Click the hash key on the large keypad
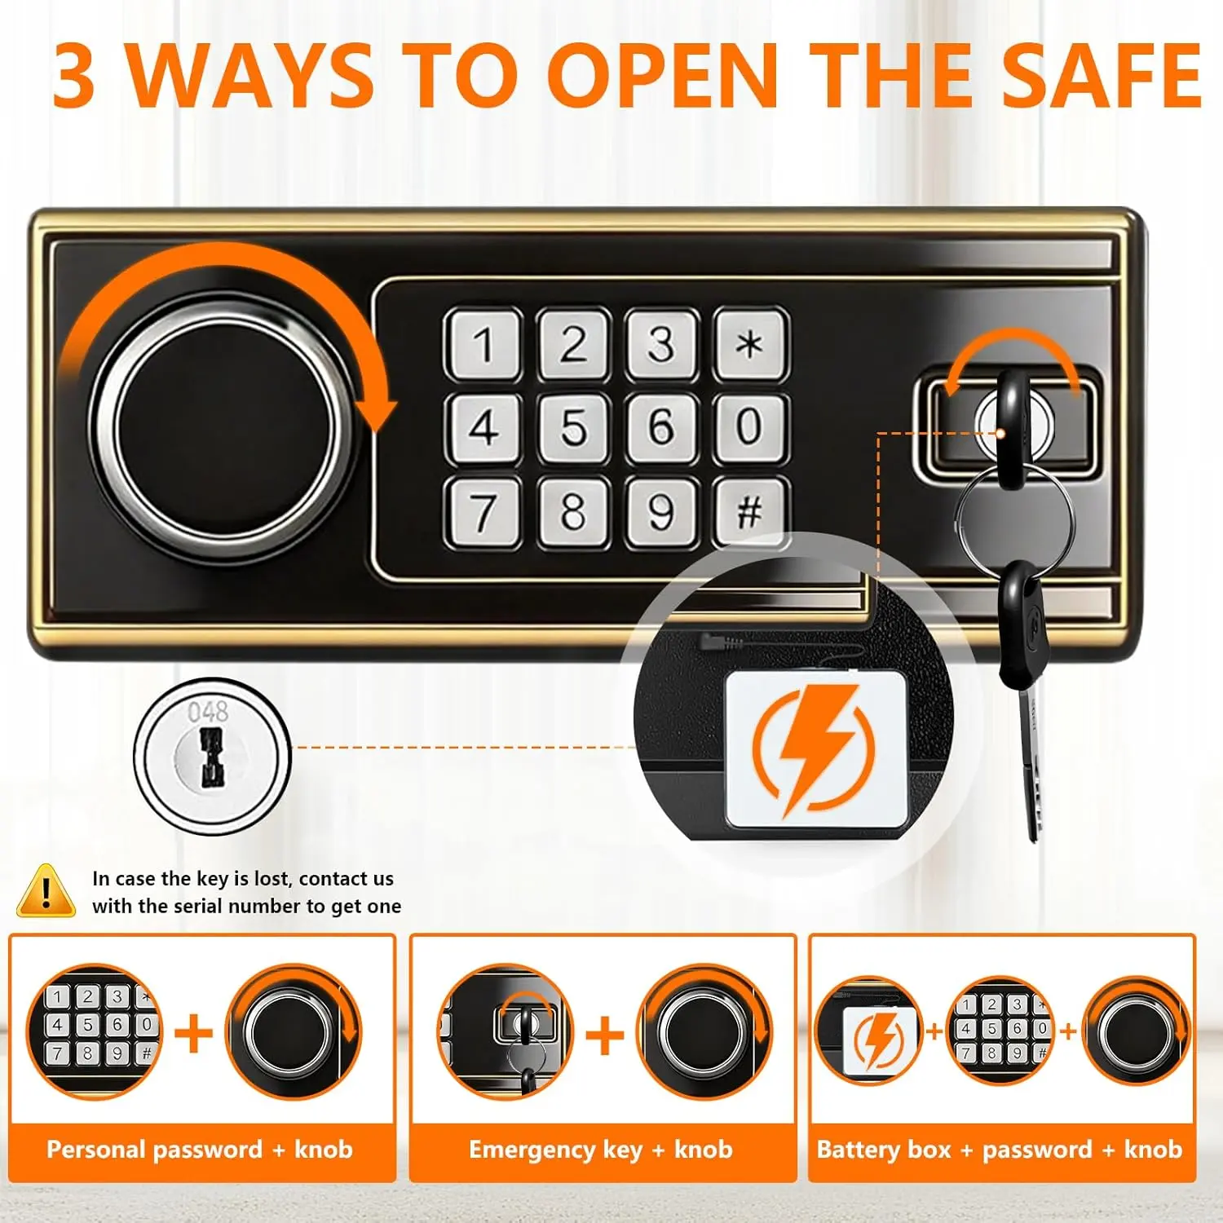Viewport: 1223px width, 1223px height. [x=750, y=511]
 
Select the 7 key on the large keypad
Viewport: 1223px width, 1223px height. [x=483, y=511]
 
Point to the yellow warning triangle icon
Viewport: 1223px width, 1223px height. [x=46, y=891]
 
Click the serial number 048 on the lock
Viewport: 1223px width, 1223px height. [x=208, y=712]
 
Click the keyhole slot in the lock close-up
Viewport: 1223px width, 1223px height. [x=211, y=757]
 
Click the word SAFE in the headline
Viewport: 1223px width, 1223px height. [x=1101, y=75]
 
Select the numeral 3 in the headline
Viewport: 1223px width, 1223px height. [x=74, y=75]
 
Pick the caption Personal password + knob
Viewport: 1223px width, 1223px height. [x=200, y=1150]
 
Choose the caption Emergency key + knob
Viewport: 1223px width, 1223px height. [x=601, y=1150]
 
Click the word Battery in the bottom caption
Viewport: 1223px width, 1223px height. [x=884, y=1150]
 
